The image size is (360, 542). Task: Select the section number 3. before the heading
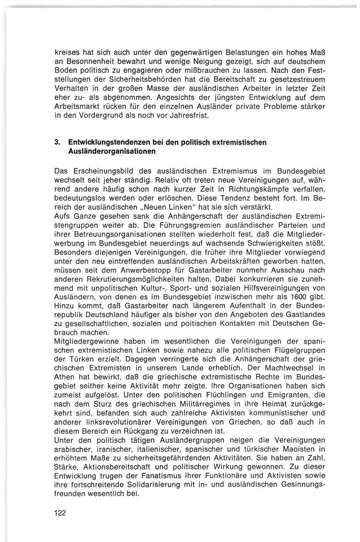58,143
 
